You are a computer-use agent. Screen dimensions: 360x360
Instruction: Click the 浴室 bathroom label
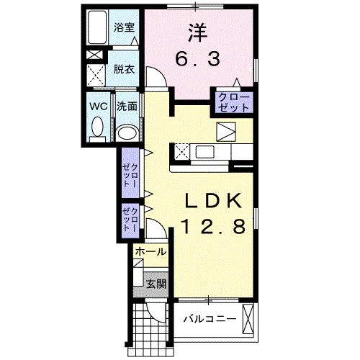click(x=125, y=28)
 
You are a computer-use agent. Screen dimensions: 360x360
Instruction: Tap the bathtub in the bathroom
click(x=96, y=30)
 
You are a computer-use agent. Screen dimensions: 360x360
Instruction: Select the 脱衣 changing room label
click(x=124, y=70)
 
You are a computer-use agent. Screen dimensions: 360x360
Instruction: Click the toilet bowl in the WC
click(x=97, y=130)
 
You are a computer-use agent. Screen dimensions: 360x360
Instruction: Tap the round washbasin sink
click(x=127, y=132)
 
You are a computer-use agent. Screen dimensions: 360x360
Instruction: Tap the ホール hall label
click(x=150, y=252)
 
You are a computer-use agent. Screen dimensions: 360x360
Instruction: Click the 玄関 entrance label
click(x=156, y=284)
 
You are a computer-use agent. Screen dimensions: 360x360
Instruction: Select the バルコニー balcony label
click(x=208, y=318)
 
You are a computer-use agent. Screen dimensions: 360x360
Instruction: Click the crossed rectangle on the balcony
click(x=249, y=319)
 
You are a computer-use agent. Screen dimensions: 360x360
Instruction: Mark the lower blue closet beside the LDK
click(x=131, y=217)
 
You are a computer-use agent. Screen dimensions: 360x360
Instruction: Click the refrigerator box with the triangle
click(x=227, y=132)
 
